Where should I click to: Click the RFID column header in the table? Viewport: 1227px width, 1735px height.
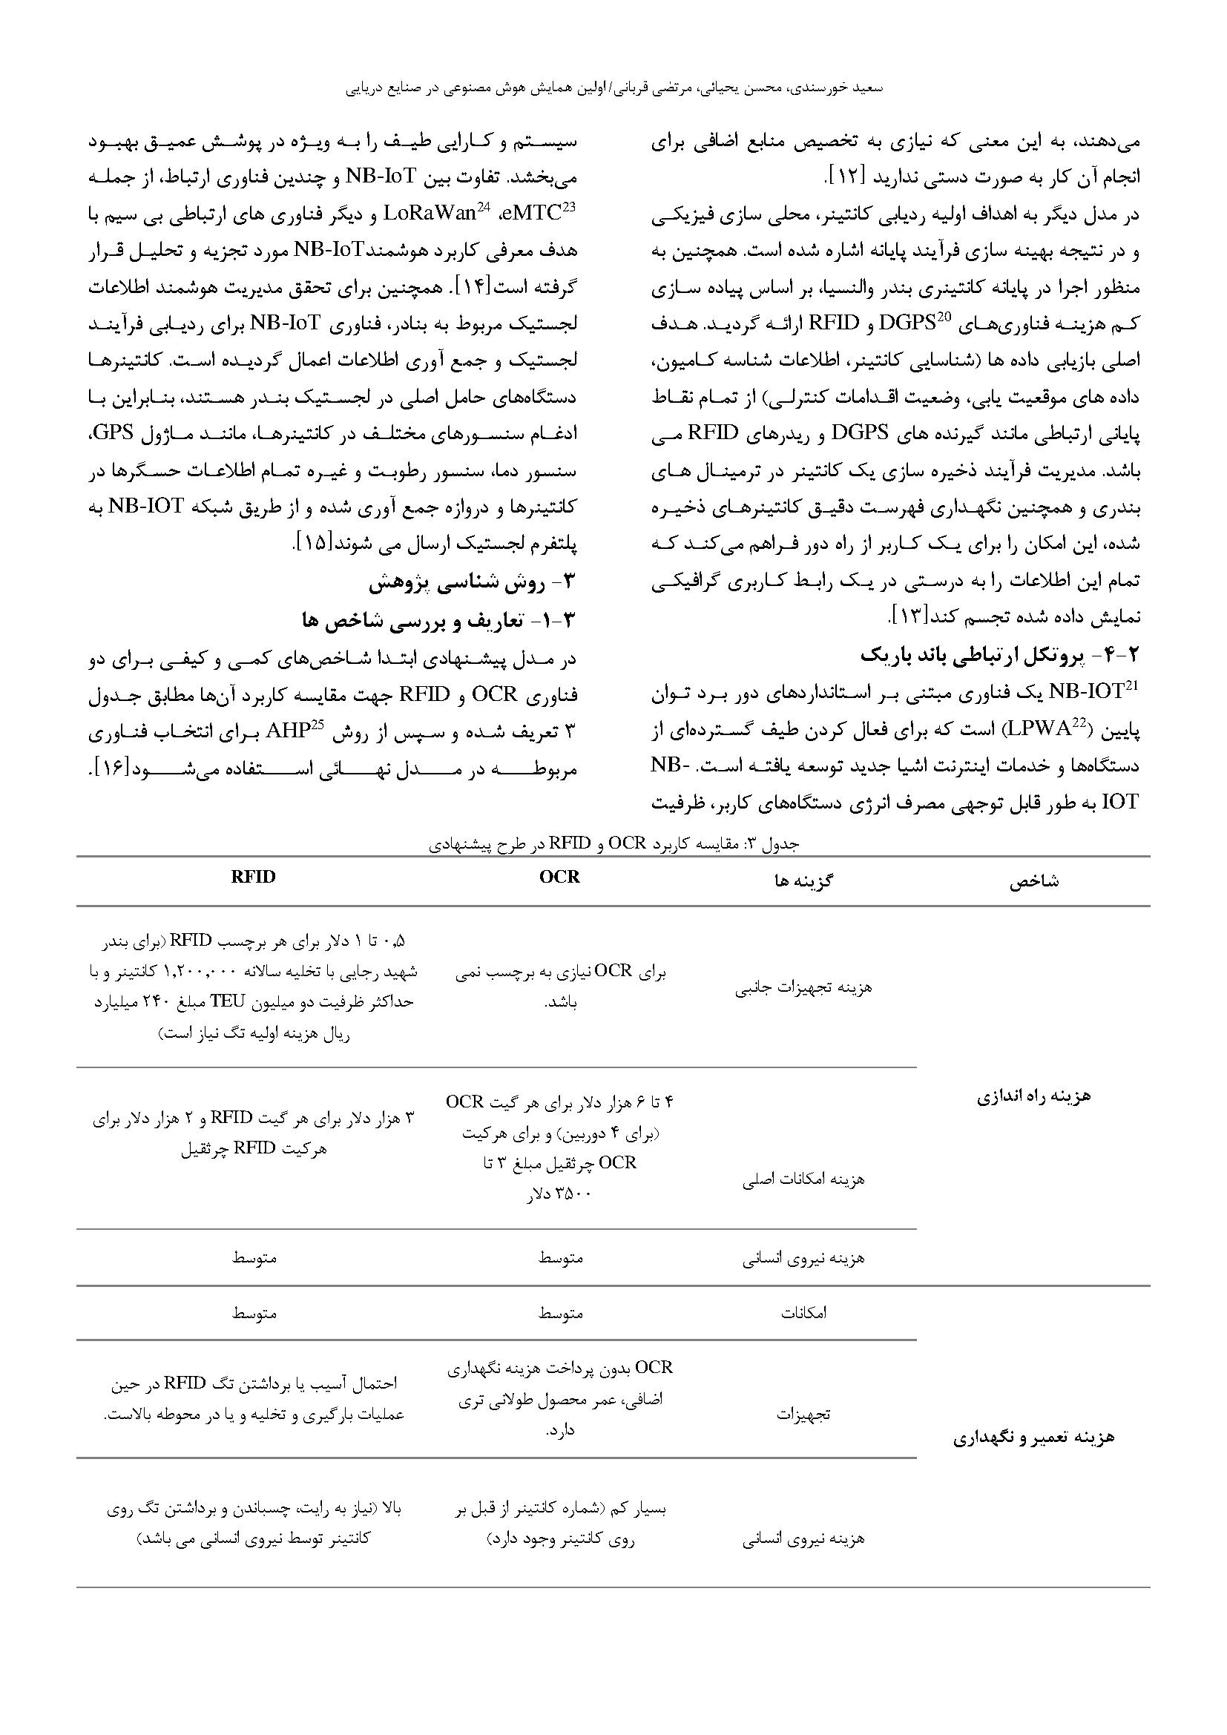coord(253,877)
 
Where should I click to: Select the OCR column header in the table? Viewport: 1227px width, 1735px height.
coord(560,877)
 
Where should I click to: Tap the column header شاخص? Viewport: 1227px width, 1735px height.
coord(1034,881)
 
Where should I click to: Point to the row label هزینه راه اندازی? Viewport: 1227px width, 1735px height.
coord(1033,1096)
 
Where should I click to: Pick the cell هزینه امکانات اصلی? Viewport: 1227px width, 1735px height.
coord(803,1180)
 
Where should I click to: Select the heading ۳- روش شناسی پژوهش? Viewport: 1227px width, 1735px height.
coord(473,583)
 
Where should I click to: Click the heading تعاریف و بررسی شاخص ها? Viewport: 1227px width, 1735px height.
coord(439,620)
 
